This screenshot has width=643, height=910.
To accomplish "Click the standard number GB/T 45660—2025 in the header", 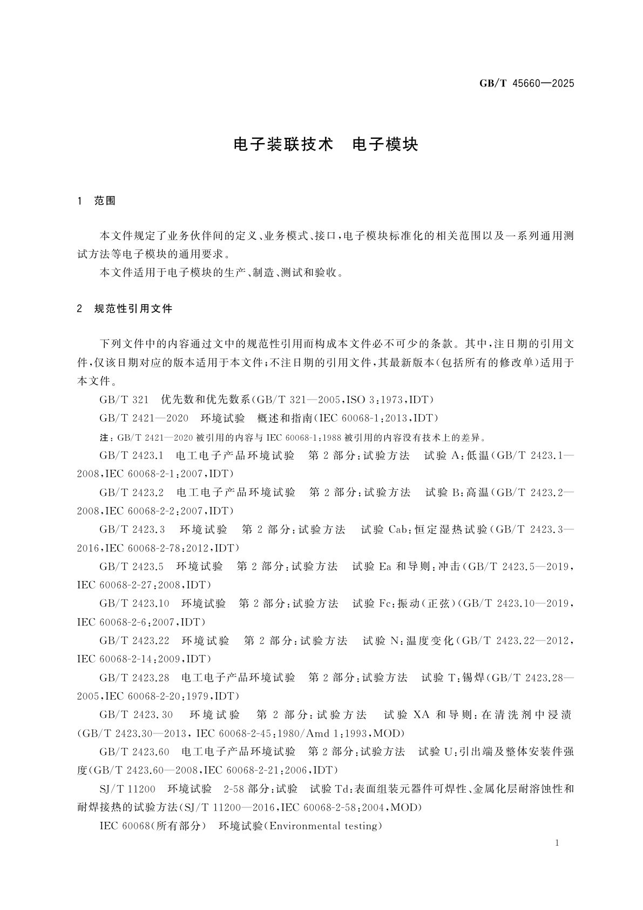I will click(x=526, y=84).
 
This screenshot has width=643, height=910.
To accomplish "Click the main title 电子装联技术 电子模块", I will click(x=326, y=145).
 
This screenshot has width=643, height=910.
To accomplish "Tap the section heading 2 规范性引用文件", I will click(x=125, y=309).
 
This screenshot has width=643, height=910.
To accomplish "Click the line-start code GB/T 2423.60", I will click(x=134, y=752).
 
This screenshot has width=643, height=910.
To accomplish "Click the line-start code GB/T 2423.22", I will click(x=134, y=641).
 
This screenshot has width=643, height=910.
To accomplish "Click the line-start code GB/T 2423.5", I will click(x=131, y=567).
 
